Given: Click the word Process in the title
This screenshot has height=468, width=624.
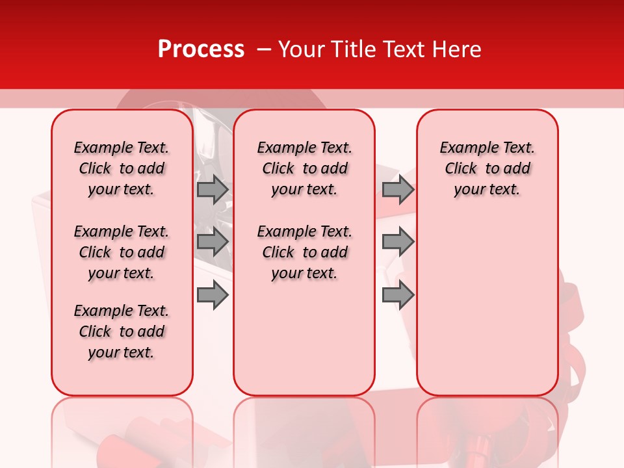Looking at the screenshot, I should [201, 49].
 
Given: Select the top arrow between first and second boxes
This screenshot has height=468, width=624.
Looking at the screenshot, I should [213, 189].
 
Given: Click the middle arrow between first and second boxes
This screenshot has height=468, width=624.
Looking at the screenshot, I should [213, 242].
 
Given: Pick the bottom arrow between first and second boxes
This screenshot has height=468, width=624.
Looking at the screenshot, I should [213, 296].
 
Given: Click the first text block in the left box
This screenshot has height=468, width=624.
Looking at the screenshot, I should [122, 168].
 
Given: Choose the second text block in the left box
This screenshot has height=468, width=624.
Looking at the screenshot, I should [122, 252].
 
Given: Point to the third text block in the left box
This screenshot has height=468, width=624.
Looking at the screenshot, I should [122, 331].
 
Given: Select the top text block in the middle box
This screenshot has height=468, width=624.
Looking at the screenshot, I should [304, 168].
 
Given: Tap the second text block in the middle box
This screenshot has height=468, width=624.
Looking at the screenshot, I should [304, 252].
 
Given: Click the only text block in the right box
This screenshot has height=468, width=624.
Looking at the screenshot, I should [487, 168].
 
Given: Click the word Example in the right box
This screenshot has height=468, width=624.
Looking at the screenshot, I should [463, 148].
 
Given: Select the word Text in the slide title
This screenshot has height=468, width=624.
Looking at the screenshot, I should [400, 49].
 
